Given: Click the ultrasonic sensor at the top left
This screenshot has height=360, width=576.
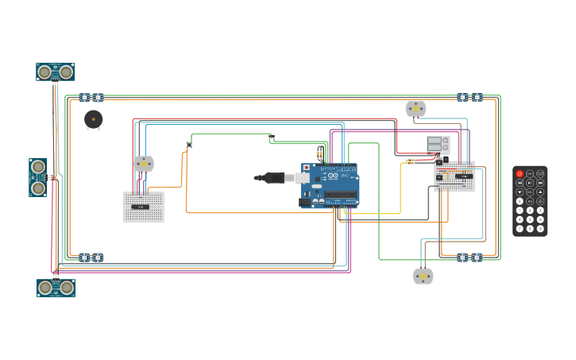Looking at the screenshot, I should tap(56, 72).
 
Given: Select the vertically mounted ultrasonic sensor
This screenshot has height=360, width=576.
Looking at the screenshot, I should tap(37, 177).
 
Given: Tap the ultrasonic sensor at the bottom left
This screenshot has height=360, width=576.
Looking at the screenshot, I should tap(56, 287).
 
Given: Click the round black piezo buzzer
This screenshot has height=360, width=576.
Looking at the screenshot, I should tap(93, 119).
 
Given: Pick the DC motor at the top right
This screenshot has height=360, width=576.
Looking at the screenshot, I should tap(416, 108).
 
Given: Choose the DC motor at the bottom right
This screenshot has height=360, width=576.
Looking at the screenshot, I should tap(423, 276).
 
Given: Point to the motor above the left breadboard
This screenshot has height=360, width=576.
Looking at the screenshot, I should tap(143, 163).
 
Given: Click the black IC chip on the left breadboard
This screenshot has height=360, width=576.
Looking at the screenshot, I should tap(140, 207).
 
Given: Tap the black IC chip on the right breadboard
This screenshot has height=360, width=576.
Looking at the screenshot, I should tap(463, 175).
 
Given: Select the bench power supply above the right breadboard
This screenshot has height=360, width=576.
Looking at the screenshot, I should tap(438, 145).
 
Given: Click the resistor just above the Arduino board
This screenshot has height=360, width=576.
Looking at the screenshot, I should tap(319, 153).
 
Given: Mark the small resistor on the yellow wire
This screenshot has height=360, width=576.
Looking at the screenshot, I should tap(410, 161).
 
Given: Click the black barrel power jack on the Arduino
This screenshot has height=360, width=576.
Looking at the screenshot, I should tap(305, 202).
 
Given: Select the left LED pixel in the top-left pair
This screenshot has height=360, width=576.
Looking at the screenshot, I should tap(84, 98).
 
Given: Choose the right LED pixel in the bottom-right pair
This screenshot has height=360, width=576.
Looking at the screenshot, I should tap(476, 257).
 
